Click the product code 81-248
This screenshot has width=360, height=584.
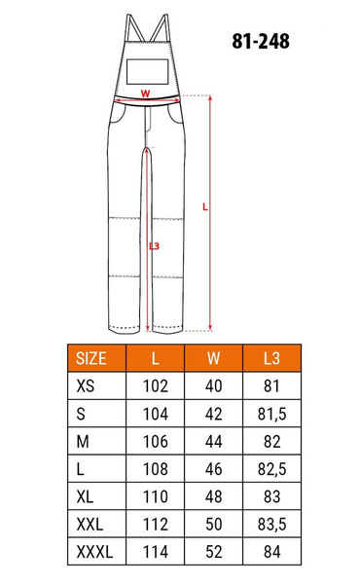point(261,42)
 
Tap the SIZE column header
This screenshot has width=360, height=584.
point(97,357)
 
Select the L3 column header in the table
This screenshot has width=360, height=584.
point(271,357)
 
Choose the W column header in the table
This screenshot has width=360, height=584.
point(213,357)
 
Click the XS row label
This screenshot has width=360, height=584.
point(87,385)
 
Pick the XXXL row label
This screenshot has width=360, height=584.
point(94,553)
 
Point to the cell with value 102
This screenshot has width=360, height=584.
point(156,385)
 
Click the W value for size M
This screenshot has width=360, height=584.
point(213,441)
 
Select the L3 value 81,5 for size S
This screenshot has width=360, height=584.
point(271,414)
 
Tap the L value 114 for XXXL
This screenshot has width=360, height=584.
point(156,553)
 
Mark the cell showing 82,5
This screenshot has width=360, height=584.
point(271,469)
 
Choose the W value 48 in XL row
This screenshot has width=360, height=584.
point(213,497)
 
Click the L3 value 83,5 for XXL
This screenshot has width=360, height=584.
point(271,526)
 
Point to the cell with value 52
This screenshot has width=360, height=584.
point(213,553)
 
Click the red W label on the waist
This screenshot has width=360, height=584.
point(145,94)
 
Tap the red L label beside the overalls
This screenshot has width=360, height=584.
point(204,206)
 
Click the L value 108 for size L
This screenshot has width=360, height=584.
point(156,469)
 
